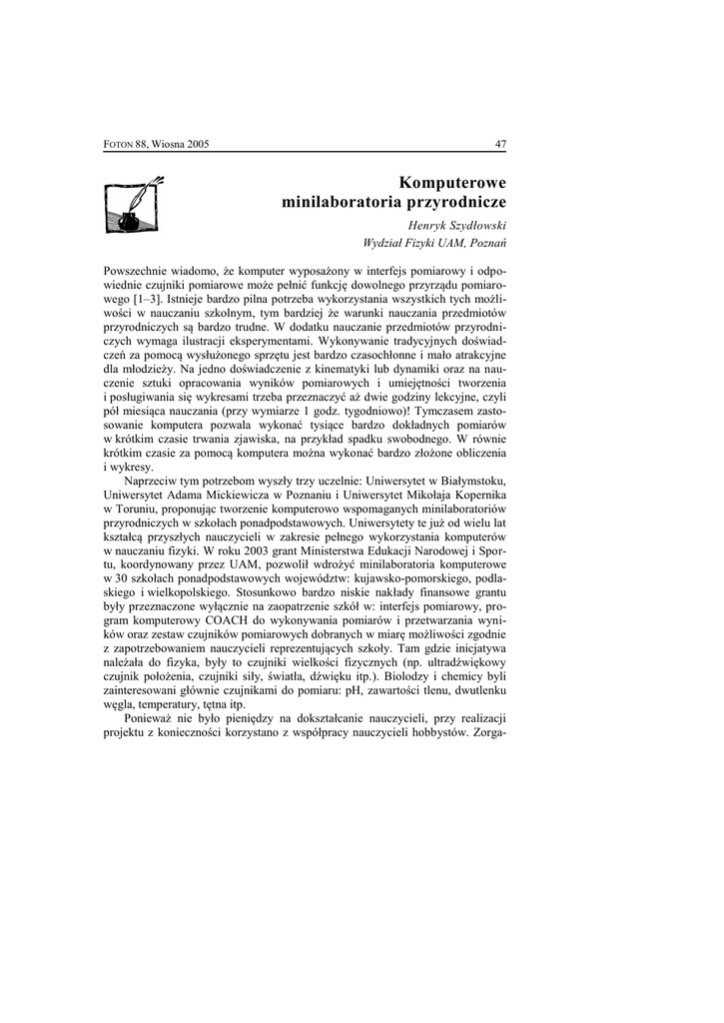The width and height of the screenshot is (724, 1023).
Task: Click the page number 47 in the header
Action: (501, 144)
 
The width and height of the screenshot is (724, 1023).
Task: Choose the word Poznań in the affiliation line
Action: (486, 243)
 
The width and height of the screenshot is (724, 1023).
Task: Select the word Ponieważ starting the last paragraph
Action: (148, 718)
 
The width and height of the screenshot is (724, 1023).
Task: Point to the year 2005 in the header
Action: (196, 145)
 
